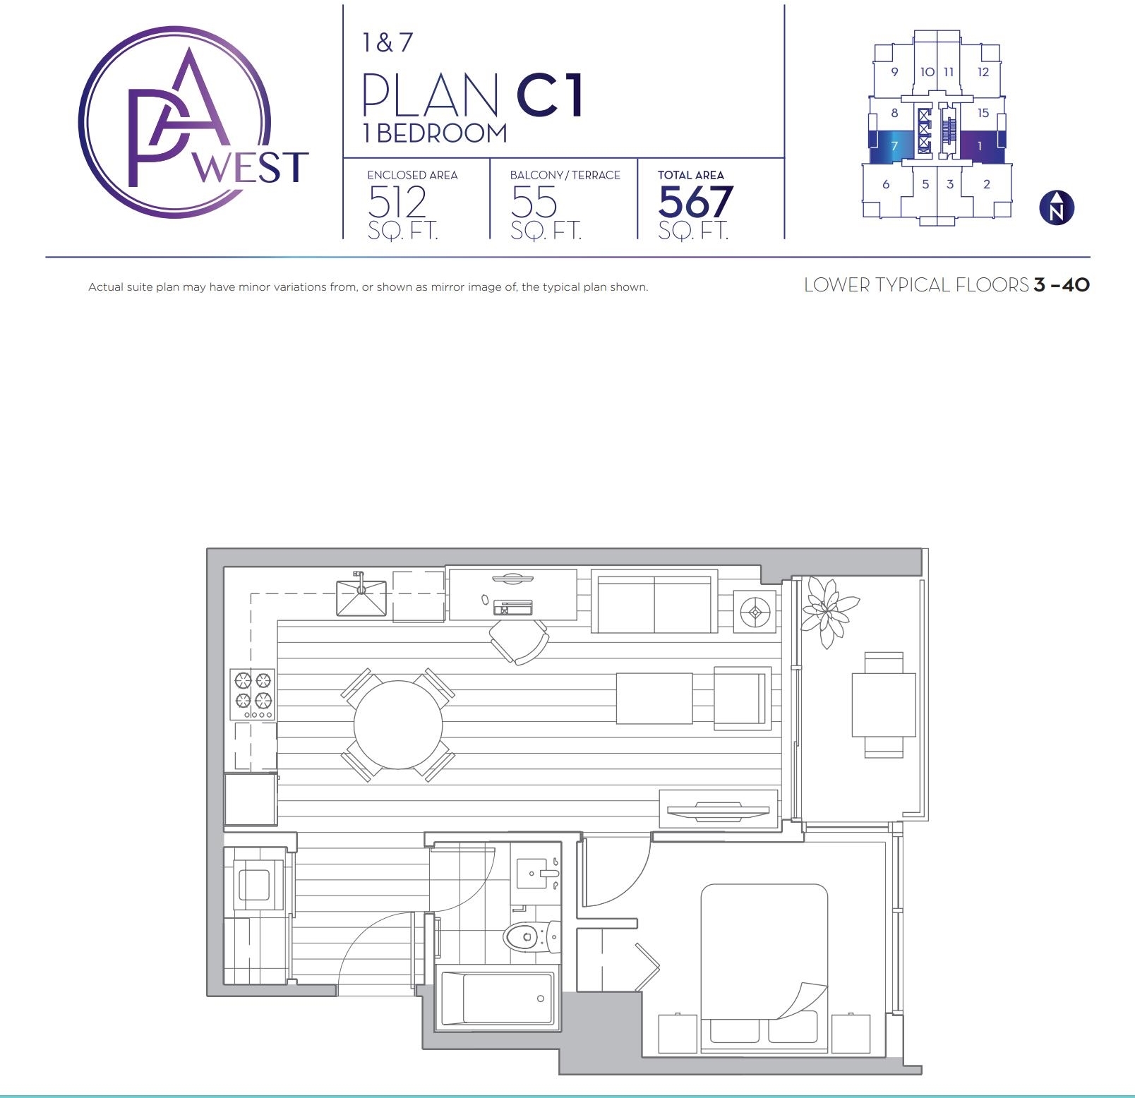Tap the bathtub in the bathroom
[497, 999]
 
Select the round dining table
[398, 725]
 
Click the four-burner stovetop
[253, 694]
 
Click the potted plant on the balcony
[828, 610]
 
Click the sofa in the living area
[654, 604]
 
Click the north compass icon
[1057, 208]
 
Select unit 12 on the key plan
[982, 72]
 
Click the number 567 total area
[696, 202]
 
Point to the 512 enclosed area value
[397, 202]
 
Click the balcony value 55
[534, 202]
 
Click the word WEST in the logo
[251, 168]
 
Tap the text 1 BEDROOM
[435, 133]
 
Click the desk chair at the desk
[520, 641]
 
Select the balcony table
[884, 705]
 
